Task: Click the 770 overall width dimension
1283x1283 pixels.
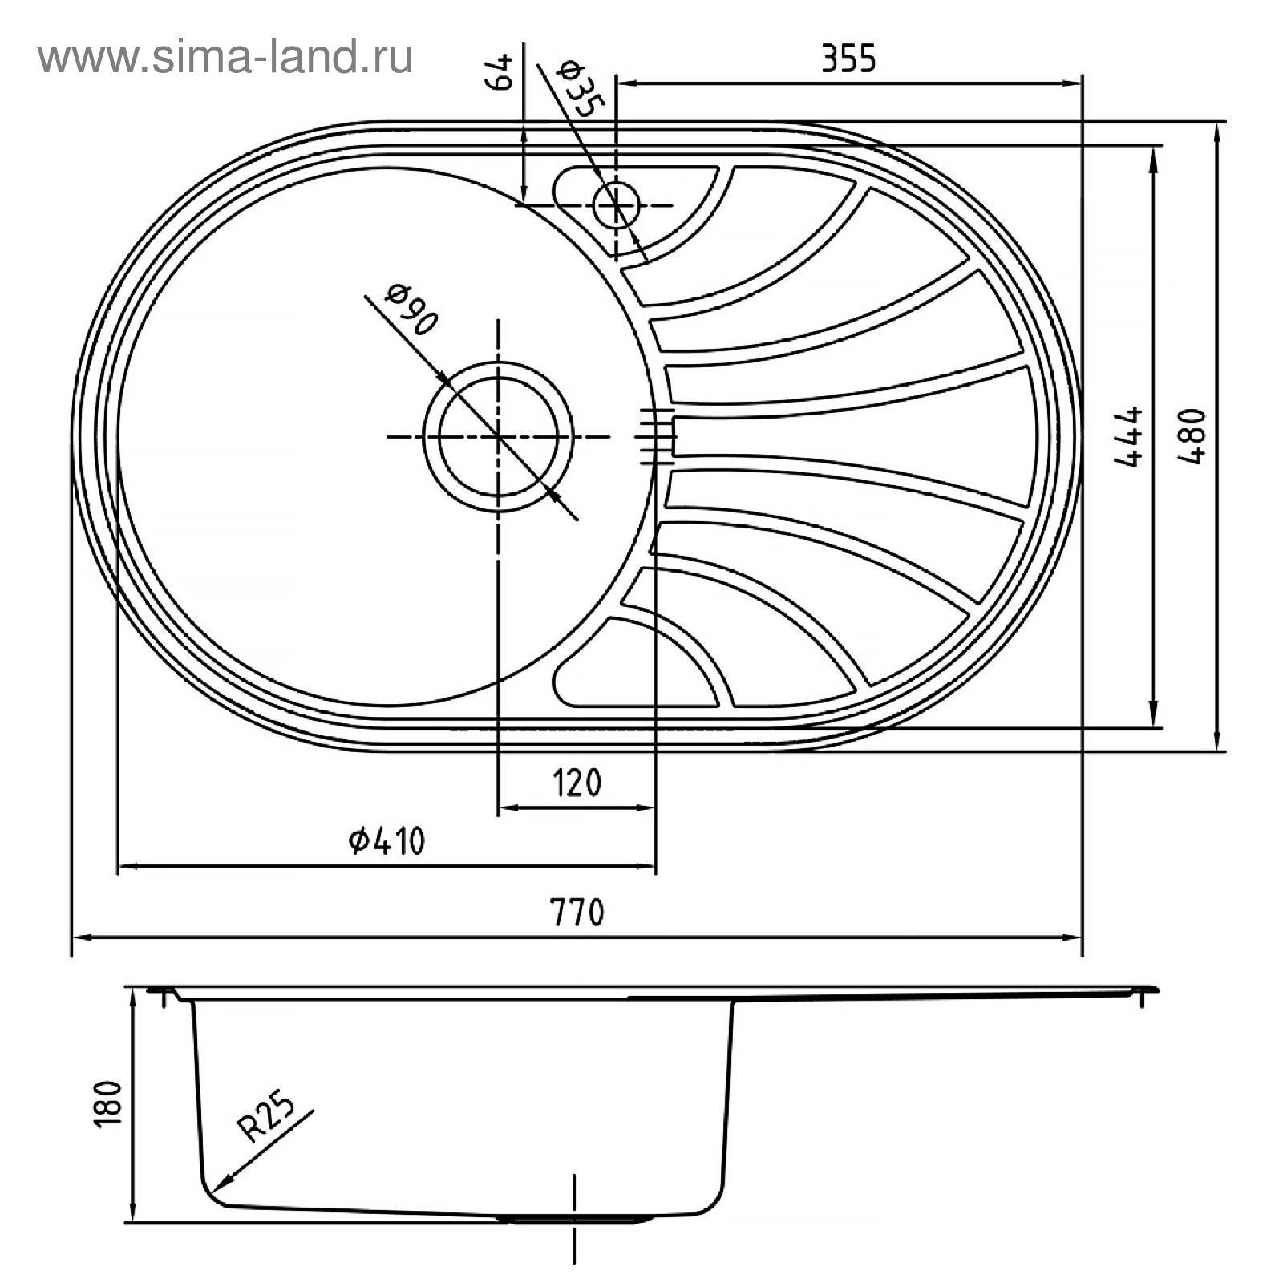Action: click(577, 913)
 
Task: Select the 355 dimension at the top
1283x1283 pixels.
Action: click(848, 59)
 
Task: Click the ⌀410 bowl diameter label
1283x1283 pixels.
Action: click(387, 841)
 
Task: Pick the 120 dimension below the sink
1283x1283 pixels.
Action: click(577, 783)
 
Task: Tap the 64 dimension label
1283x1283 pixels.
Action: click(499, 73)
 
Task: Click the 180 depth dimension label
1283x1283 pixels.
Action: click(107, 1104)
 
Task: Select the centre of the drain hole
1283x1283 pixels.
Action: click(498, 436)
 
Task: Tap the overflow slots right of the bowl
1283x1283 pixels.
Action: click(656, 436)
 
